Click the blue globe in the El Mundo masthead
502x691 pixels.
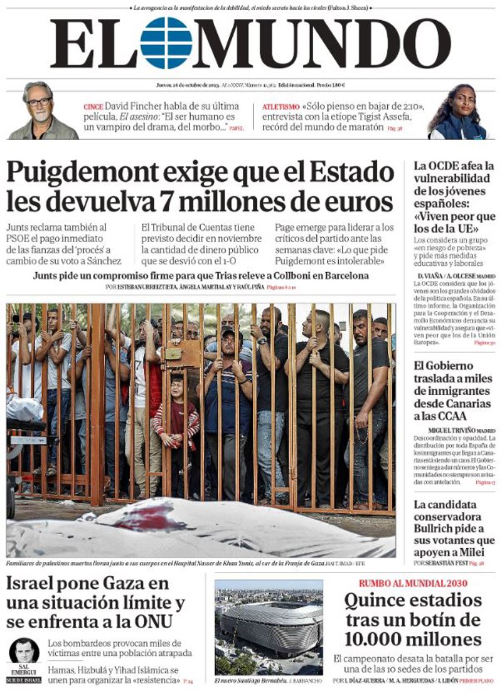pyautogui.click(x=166, y=43)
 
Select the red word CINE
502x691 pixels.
pyautogui.click(x=93, y=107)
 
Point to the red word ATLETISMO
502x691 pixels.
pyautogui.click(x=280, y=107)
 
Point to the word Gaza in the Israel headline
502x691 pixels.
pyautogui.click(x=131, y=584)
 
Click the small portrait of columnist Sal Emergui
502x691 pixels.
pyautogui.click(x=24, y=652)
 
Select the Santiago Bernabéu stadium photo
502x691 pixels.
pyautogui.click(x=269, y=627)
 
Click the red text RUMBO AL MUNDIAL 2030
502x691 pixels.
pyautogui.click(x=413, y=583)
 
